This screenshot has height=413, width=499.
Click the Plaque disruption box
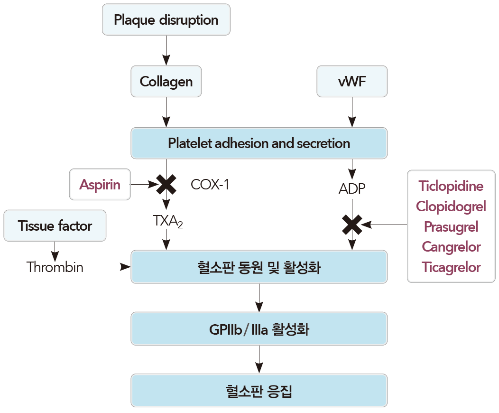pyautogui.click(x=166, y=20)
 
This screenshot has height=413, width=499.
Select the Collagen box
pyautogui.click(x=166, y=81)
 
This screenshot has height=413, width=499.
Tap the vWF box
pyautogui.click(x=352, y=81)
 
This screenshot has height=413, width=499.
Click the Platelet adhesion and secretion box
pyautogui.click(x=259, y=143)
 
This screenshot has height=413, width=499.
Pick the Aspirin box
pyautogui.click(x=100, y=184)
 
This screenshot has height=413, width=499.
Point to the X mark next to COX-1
pyautogui.click(x=166, y=184)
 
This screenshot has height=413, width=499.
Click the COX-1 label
pyautogui.click(x=210, y=184)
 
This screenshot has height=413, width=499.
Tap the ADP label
pyautogui.click(x=352, y=188)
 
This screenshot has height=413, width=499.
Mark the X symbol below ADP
pyautogui.click(x=352, y=225)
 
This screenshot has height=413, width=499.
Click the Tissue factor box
pyautogui.click(x=55, y=226)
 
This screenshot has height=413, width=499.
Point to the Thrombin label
pyautogui.click(x=55, y=267)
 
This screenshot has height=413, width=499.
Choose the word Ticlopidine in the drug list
pyautogui.click(x=451, y=186)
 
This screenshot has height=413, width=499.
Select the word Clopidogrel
pyautogui.click(x=451, y=206)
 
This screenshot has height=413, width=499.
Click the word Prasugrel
pyautogui.click(x=451, y=226)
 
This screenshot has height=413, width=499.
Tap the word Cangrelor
pyautogui.click(x=451, y=247)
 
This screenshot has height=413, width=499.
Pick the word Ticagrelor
pyautogui.click(x=451, y=267)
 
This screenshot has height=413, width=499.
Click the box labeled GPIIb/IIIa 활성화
pyautogui.click(x=259, y=329)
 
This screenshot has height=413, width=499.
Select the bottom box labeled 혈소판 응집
pyautogui.click(x=259, y=391)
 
